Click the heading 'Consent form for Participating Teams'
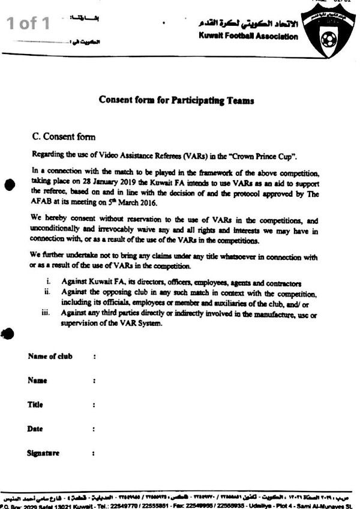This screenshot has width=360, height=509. pyautogui.click(x=176, y=101)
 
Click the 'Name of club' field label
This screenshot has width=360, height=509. pyautogui.click(x=50, y=357)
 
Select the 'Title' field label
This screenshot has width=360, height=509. pyautogui.click(x=35, y=405)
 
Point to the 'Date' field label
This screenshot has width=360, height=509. pyautogui.click(x=35, y=429)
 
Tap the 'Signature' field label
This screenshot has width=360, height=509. pyautogui.click(x=43, y=453)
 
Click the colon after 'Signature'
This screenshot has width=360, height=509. pyautogui.click(x=94, y=453)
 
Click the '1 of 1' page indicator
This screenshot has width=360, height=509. pyautogui.click(x=29, y=23)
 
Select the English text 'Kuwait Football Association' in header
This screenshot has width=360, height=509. pyautogui.click(x=247, y=37)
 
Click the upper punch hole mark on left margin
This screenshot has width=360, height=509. pyautogui.click(x=9, y=185)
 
